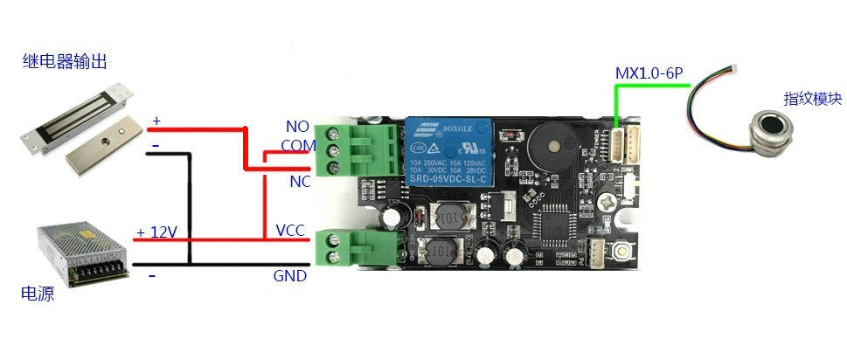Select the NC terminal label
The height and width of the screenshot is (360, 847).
pyautogui.click(x=300, y=181)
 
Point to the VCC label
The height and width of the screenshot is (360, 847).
pyautogui.click(x=290, y=230)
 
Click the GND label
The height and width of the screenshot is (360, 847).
pyautogui.click(x=290, y=276)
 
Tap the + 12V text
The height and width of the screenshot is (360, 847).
pyautogui.click(x=157, y=232)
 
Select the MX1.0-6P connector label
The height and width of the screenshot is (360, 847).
pyautogui.click(x=649, y=74)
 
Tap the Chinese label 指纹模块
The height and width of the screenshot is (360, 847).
pyautogui.click(x=812, y=99)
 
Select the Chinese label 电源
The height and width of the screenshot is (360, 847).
pyautogui.click(x=38, y=294)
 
